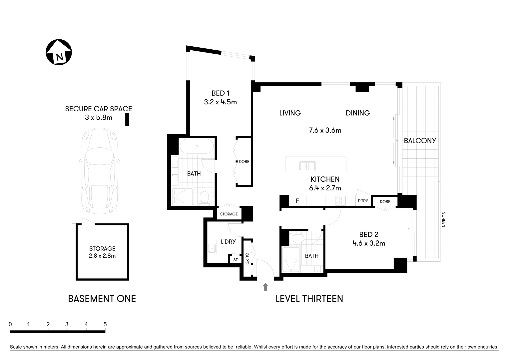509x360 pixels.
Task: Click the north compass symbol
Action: click(x=59, y=52)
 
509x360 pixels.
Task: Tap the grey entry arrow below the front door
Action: click(x=265, y=287)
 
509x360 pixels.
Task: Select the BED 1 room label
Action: click(x=220, y=93)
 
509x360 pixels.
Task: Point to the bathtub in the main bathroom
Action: click(x=197, y=146)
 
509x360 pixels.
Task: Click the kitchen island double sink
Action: click(x=307, y=166)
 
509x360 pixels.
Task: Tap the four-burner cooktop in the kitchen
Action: click(x=340, y=200)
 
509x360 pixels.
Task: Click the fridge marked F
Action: click(x=297, y=201)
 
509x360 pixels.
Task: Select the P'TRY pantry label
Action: click(x=363, y=201)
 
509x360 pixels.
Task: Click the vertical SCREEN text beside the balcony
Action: click(x=443, y=220)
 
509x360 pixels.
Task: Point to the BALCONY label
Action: click(x=420, y=141)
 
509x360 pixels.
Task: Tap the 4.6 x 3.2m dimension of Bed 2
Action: click(x=369, y=243)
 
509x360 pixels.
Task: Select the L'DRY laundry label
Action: click(x=228, y=242)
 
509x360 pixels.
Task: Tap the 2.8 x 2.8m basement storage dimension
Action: click(x=102, y=256)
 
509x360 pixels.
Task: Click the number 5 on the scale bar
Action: click(x=105, y=324)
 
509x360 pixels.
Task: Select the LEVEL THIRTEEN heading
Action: click(x=309, y=298)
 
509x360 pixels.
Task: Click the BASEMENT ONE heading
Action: click(x=102, y=298)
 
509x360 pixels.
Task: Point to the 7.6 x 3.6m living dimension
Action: click(x=325, y=130)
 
